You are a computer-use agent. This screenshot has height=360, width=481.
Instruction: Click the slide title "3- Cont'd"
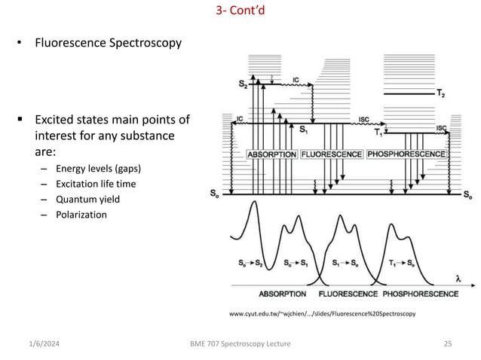click(x=240, y=12)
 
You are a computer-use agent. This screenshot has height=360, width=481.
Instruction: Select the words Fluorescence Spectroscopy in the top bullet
click(x=109, y=43)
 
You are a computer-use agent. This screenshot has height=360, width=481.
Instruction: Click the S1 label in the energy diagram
click(x=303, y=130)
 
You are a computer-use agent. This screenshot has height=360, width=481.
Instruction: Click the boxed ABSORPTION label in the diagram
click(x=271, y=154)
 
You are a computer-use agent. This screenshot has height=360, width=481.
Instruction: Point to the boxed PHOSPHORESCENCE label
click(x=406, y=154)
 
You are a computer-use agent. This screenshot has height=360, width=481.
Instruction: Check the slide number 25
click(x=447, y=343)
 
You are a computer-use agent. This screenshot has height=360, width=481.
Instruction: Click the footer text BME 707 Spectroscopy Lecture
click(x=240, y=343)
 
